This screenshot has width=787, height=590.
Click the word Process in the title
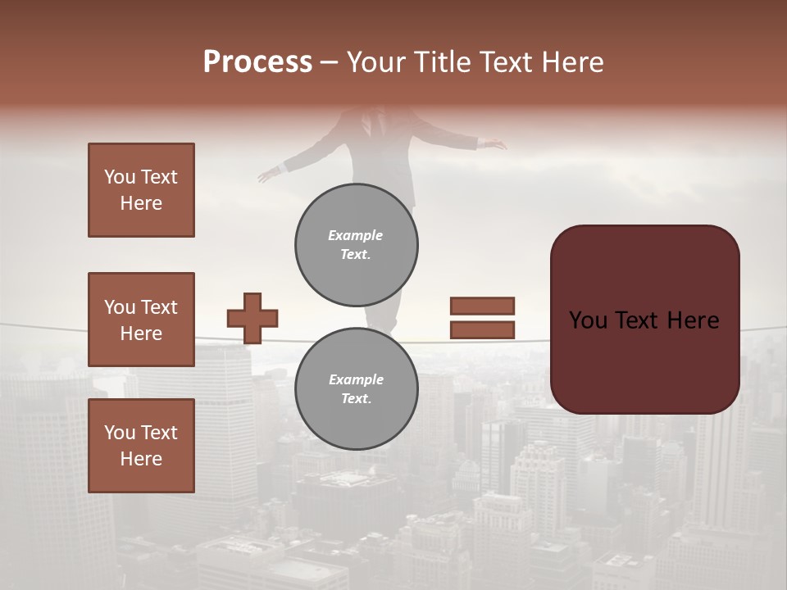[257, 62]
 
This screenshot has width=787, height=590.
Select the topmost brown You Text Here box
[141, 190]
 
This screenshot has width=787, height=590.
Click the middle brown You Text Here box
[141, 320]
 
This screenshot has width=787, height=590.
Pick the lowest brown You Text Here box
[141, 446]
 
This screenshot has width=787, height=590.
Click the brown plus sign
[252, 318]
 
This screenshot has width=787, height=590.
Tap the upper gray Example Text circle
[357, 245]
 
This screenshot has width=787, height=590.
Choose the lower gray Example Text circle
[357, 388]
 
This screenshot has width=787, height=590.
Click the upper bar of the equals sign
[482, 306]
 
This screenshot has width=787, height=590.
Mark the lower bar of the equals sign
[482, 329]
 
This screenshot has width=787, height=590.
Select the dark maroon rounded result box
[644, 320]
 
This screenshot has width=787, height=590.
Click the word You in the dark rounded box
[587, 320]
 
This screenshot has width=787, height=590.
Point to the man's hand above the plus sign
[268, 175]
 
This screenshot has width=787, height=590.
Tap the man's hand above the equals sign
[494, 145]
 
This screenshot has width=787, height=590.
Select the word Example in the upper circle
[356, 235]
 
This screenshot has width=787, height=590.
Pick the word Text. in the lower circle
[356, 399]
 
